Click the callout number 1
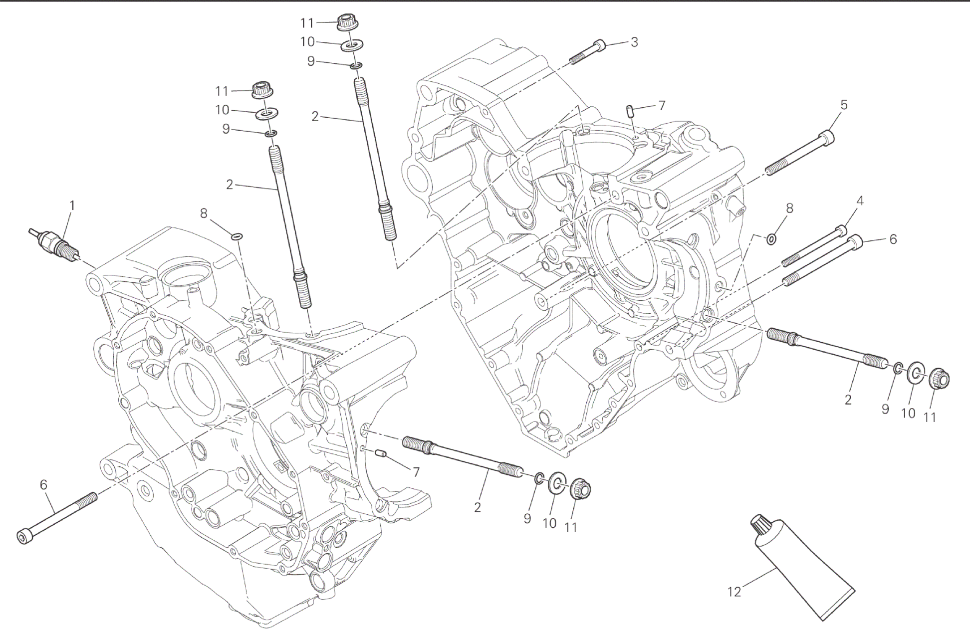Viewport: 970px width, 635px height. [x=72, y=205]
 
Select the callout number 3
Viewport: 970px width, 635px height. [x=634, y=42]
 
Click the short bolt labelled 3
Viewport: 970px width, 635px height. [x=589, y=52]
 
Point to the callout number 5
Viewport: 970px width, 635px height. [x=844, y=105]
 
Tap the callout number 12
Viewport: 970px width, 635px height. [x=734, y=592]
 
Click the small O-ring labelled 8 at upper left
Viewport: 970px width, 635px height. [x=237, y=235]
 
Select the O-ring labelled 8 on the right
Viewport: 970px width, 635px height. [x=771, y=238]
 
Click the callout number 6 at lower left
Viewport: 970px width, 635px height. [x=43, y=484]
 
